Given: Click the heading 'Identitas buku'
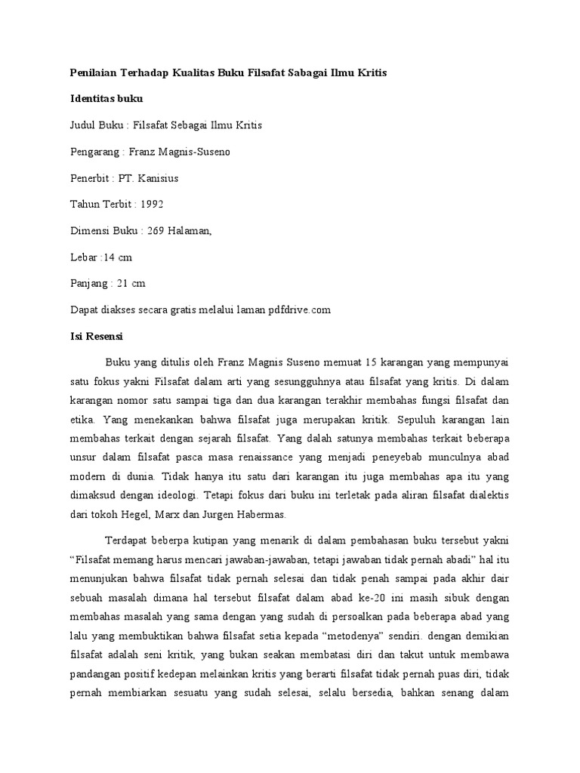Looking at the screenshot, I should pos(106,99).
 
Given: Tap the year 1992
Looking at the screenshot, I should pos(150,205).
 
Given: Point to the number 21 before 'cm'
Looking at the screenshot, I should pos(122,284).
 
